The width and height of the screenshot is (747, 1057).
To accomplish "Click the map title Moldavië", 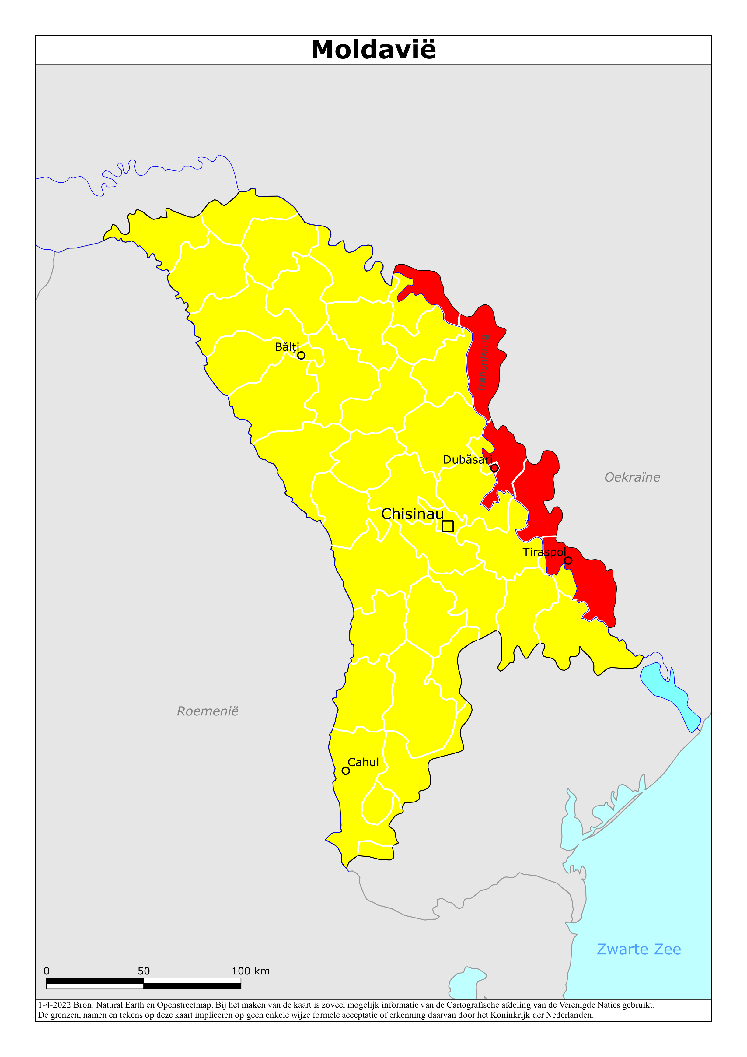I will [x=373, y=50].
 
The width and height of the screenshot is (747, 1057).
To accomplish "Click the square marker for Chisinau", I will [x=447, y=526].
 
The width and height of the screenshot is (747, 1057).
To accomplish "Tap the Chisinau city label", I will [x=412, y=514].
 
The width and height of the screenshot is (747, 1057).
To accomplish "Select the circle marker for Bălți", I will [x=301, y=355].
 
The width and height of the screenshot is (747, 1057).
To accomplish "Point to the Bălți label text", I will [x=287, y=347].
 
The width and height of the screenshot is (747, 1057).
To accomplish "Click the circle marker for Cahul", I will [x=346, y=771].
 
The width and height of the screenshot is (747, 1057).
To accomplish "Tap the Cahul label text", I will [x=363, y=762].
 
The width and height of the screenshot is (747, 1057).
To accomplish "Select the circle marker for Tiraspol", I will [x=568, y=560].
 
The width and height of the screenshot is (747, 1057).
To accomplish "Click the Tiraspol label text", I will [x=544, y=552].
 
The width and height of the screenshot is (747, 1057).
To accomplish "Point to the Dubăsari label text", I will [x=467, y=459].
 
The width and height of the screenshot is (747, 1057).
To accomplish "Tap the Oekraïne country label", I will [x=632, y=477].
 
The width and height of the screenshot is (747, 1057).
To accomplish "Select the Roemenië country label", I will [x=208, y=711].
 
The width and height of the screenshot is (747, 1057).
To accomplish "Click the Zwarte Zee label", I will [x=638, y=949].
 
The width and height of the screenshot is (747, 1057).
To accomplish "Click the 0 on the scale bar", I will [x=47, y=971].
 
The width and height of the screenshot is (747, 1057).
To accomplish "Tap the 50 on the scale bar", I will [x=144, y=971].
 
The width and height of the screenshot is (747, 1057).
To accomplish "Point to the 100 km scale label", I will [x=250, y=971].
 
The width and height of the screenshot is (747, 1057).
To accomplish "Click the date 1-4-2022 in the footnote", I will [x=54, y=1005].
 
